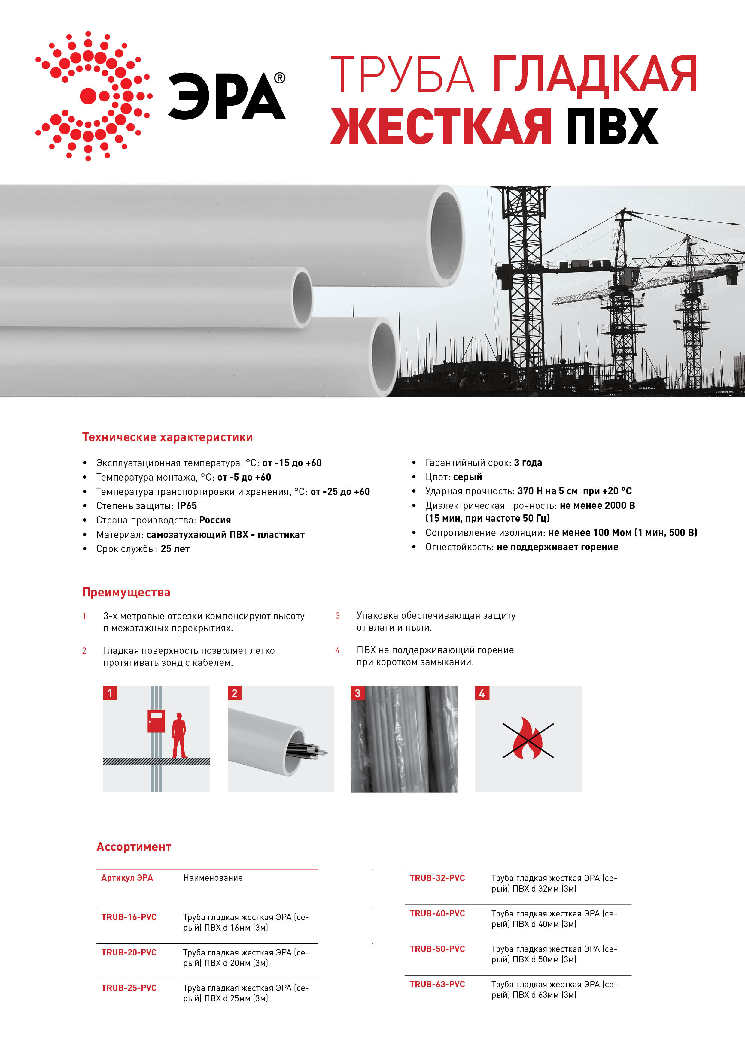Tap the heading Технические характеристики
[x=167, y=437]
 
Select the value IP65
[x=187, y=506]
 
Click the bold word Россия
[x=215, y=520]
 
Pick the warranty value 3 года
[x=528, y=462]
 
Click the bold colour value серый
[x=467, y=477]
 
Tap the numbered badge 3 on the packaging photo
[x=357, y=693]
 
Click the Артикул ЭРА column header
[x=127, y=878]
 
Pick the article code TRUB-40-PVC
[x=437, y=913]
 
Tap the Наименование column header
[x=212, y=878]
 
